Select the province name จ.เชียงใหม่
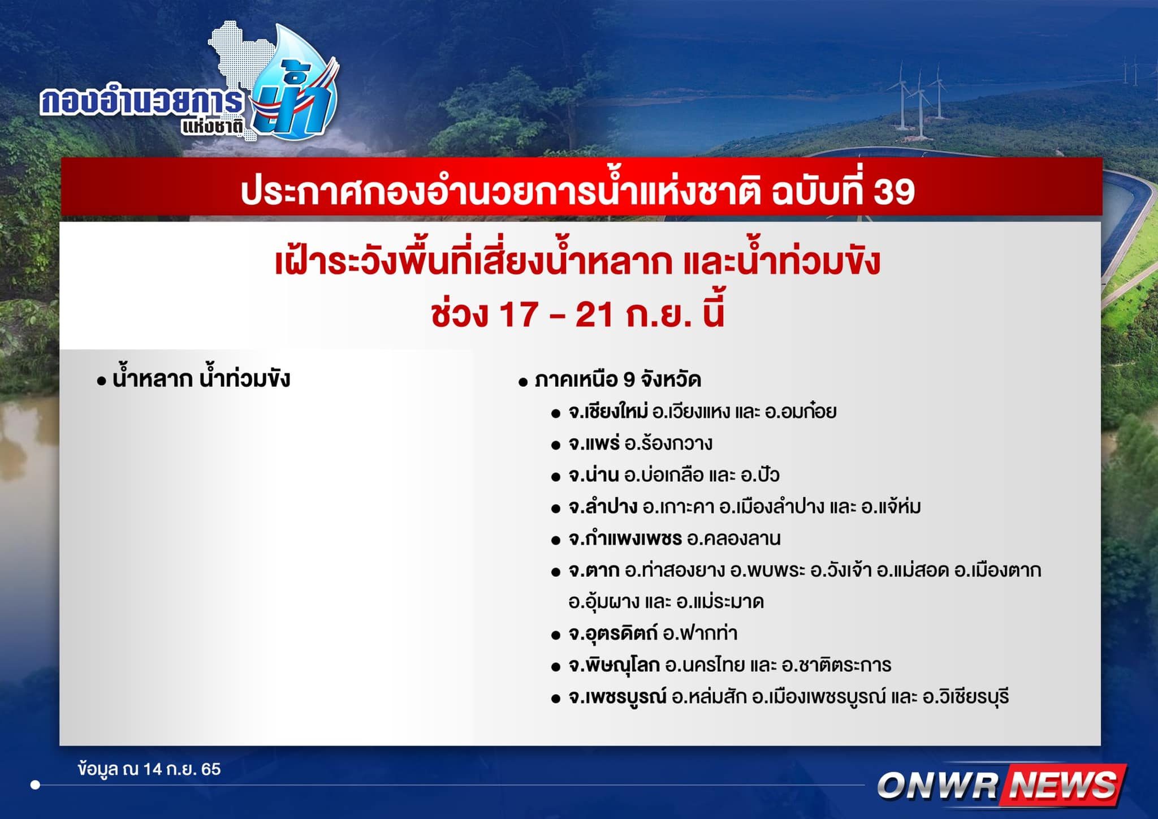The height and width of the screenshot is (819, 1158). pyautogui.click(x=608, y=411)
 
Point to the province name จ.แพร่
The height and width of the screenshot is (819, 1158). pyautogui.click(x=594, y=443)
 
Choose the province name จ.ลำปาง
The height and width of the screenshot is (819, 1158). pyautogui.click(x=603, y=506)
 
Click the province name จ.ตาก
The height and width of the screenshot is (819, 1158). pyautogui.click(x=594, y=570)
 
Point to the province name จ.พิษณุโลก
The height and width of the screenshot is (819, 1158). pyautogui.click(x=614, y=665)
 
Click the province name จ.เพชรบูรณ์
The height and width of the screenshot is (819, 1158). pyautogui.click(x=617, y=696)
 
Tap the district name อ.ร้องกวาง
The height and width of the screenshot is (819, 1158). pyautogui.click(x=668, y=443)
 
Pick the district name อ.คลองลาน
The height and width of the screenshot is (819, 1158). pyautogui.click(x=733, y=538)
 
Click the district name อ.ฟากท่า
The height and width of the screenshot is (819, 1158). pyautogui.click(x=700, y=633)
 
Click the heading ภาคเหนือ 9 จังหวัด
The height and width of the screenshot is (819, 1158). pyautogui.click(x=618, y=380)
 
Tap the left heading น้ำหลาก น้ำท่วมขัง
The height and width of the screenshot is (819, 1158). pyautogui.click(x=201, y=378)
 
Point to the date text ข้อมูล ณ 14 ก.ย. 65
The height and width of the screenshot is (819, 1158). pyautogui.click(x=150, y=769)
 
